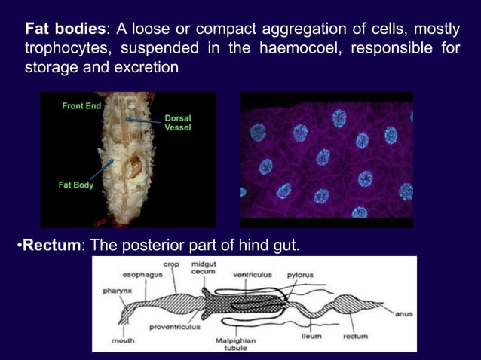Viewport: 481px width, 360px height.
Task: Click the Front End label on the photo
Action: click(x=81, y=107)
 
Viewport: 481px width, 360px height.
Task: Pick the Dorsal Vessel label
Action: click(x=178, y=124)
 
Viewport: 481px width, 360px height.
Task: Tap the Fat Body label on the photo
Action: click(x=77, y=185)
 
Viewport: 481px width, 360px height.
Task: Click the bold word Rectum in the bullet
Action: click(x=48, y=244)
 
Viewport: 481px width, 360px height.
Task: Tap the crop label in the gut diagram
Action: click(x=172, y=264)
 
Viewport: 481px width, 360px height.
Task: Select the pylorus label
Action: click(x=300, y=275)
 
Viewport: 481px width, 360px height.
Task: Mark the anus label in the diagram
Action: click(x=403, y=315)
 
